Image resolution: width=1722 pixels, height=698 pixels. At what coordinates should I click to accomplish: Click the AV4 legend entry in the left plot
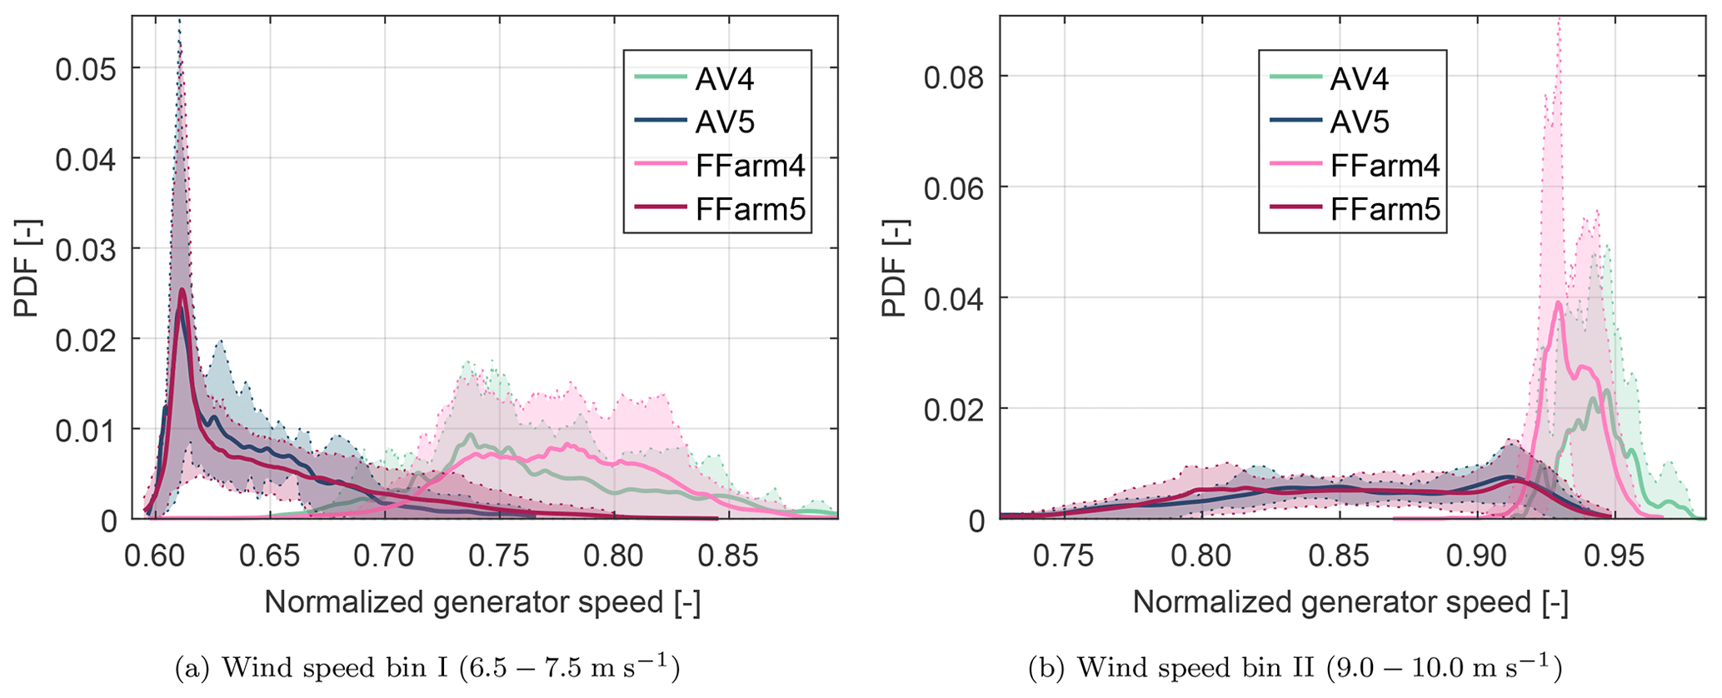pos(725,79)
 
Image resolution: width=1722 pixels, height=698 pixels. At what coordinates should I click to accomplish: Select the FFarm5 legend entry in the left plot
pos(750,210)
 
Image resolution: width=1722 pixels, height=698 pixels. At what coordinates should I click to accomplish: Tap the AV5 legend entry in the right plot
pos(1360,122)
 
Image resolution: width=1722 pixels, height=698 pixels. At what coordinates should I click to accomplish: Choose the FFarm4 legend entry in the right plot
pos(1385,166)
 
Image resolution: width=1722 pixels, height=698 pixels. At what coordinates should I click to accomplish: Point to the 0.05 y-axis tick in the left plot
pos(86,69)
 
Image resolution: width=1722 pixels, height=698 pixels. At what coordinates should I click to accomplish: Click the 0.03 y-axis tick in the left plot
pos(86,249)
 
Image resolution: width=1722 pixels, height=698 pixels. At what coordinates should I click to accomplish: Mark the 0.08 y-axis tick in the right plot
pos(955,77)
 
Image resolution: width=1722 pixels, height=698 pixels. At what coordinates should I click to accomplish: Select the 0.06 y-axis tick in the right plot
pos(955,188)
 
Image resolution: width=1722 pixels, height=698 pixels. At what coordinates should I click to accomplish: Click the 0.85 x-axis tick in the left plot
pos(729,556)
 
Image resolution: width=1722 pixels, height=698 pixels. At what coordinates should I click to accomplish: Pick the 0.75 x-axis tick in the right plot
pos(1064,556)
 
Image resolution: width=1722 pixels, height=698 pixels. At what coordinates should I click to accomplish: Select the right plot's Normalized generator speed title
pos(1350,602)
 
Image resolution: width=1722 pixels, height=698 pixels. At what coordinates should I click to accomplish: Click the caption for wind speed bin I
pos(427,668)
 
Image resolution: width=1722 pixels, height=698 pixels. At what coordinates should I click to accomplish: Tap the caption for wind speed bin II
pos(1295,668)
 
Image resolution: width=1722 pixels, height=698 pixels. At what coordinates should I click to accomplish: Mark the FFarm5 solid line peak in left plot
pos(182,290)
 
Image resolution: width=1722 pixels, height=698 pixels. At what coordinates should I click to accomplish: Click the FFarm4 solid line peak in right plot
pos(1558,302)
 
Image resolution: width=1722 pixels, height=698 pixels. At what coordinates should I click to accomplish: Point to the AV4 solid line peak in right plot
pos(1605,391)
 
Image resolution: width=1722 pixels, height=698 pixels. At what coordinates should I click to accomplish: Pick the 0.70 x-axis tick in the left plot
pos(385,556)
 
